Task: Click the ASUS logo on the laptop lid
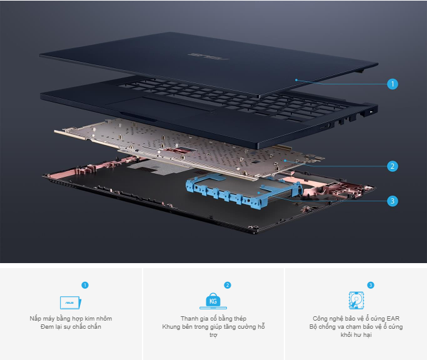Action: point(208,56)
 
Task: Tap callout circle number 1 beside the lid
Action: point(393,84)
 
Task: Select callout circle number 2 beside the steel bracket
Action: point(393,166)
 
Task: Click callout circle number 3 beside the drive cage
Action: point(393,201)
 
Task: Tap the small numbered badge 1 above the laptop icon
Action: point(85,285)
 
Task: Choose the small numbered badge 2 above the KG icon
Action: point(228,285)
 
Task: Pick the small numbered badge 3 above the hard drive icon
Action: point(370,285)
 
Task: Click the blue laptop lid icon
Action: point(71,302)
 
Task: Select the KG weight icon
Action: point(213,301)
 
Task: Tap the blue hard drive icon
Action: point(356,301)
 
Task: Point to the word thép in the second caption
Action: point(239,319)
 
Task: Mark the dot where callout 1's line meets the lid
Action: point(296,80)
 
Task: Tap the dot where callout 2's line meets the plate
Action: point(285,161)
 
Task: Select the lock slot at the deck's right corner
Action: point(371,112)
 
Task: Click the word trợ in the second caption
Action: point(213,335)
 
